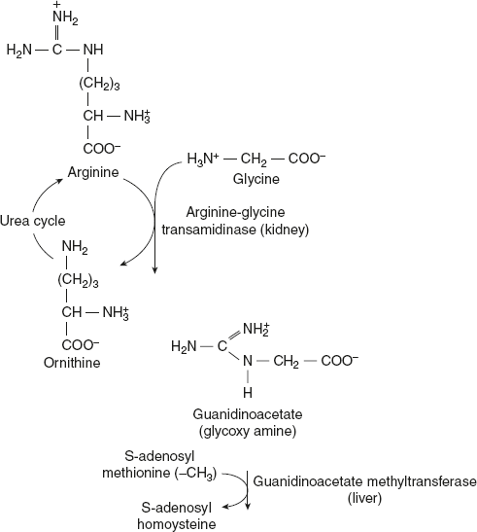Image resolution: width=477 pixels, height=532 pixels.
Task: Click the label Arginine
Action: (92, 172)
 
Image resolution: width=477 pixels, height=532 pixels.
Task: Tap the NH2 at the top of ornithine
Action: (76, 248)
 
